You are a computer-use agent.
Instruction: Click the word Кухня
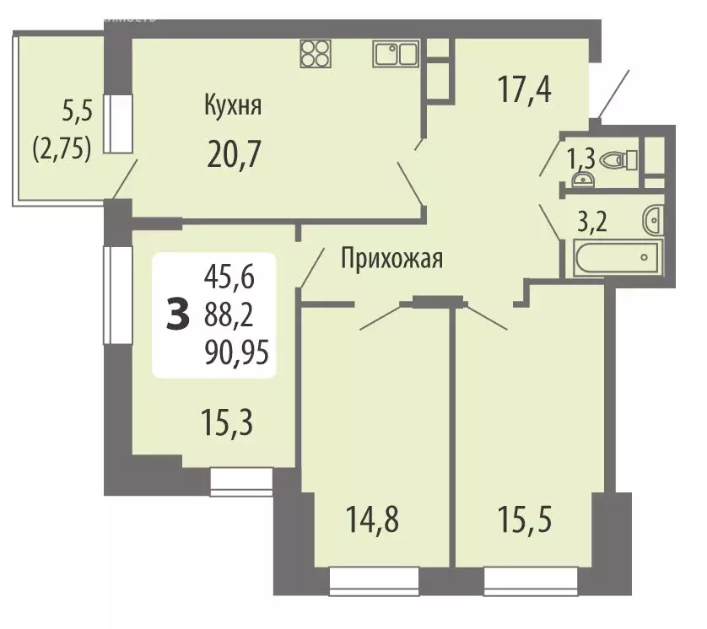click(232, 106)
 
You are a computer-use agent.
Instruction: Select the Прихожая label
click(391, 259)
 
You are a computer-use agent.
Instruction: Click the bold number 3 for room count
click(178, 315)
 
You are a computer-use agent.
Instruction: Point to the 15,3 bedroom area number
click(227, 418)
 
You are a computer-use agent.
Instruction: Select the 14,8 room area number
click(371, 518)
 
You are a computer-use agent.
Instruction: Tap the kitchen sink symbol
click(395, 54)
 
